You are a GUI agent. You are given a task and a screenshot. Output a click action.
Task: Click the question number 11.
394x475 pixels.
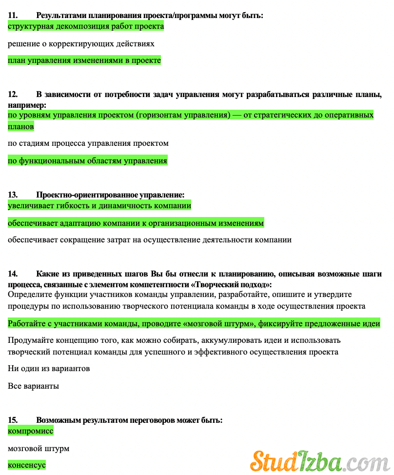(13, 16)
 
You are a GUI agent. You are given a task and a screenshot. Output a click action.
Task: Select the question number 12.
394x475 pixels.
(13, 94)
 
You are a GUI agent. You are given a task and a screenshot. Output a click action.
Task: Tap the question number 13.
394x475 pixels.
(13, 195)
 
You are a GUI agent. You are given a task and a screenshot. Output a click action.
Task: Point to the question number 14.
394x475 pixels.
(13, 274)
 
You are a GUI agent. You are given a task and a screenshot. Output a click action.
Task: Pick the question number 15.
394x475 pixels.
(13, 420)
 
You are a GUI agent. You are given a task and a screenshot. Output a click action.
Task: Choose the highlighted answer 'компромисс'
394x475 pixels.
(31, 431)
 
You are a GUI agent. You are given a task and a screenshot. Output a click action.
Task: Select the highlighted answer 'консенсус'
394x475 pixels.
(27, 465)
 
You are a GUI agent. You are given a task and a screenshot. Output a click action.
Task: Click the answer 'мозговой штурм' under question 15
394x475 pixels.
(39, 448)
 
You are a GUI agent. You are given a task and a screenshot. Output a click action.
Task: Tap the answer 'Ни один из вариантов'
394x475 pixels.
(49, 369)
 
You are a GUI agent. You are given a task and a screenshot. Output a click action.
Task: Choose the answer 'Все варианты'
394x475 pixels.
(34, 386)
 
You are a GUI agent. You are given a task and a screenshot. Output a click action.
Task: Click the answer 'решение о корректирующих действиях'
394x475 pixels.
(81, 43)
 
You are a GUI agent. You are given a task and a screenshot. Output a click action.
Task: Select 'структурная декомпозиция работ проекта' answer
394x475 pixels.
(86, 26)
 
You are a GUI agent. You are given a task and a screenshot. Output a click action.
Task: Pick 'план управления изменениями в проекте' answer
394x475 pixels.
(84, 60)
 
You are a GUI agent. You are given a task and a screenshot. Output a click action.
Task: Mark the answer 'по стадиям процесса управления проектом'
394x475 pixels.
(88, 143)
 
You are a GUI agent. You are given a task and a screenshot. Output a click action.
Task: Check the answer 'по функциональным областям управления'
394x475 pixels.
(87, 160)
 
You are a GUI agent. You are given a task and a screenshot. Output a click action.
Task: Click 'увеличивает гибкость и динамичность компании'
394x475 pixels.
(99, 206)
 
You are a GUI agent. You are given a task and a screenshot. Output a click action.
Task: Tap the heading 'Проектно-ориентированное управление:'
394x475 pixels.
(110, 195)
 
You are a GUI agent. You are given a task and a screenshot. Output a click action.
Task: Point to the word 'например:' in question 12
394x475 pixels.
(27, 105)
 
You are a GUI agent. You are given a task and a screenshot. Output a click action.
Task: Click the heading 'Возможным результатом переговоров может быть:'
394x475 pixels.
(129, 420)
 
